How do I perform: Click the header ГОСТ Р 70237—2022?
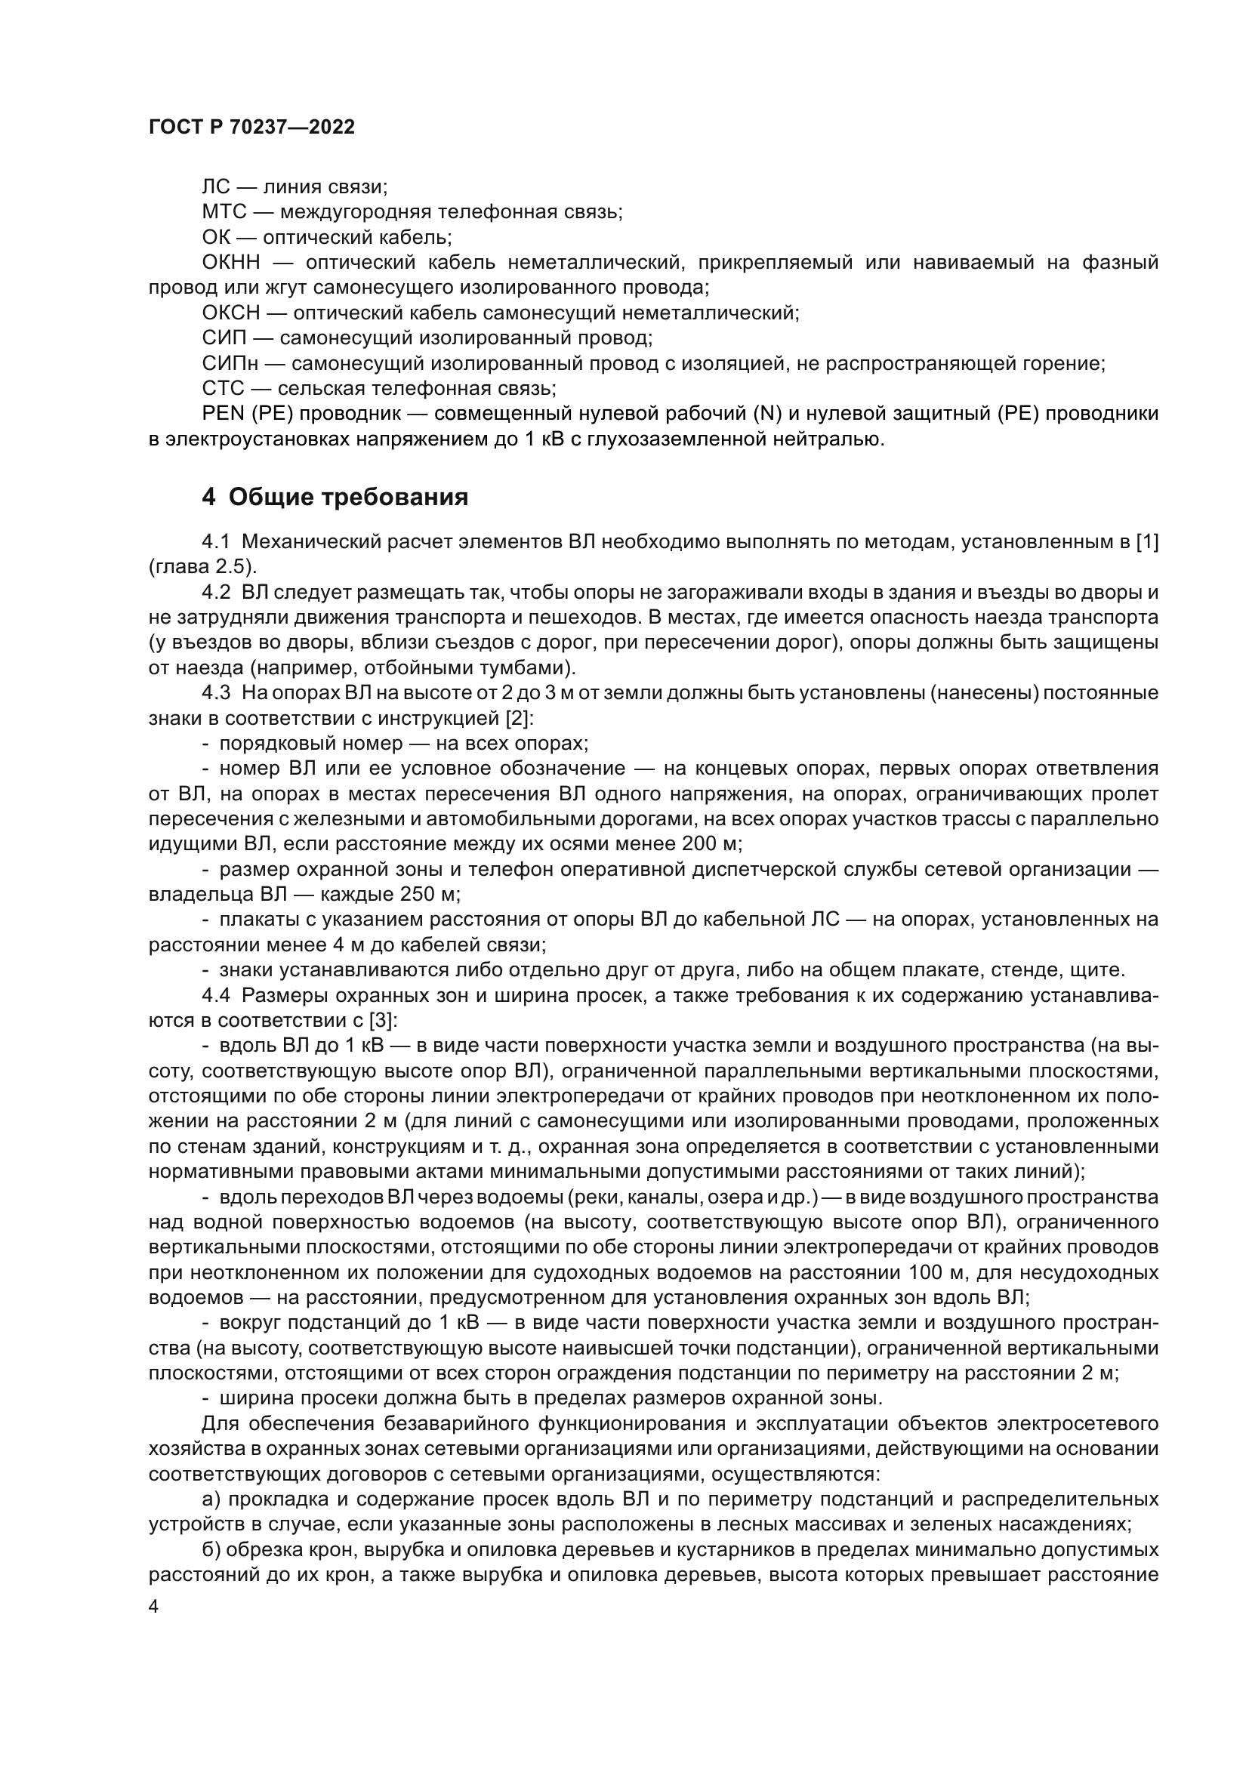(x=251, y=128)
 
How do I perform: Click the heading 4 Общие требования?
(x=335, y=498)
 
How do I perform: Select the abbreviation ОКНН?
(x=232, y=263)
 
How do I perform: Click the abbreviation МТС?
(x=224, y=212)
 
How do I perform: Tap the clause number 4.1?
(x=216, y=542)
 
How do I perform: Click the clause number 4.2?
(x=216, y=593)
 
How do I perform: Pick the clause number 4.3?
(x=216, y=694)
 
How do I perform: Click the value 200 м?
(x=711, y=845)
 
